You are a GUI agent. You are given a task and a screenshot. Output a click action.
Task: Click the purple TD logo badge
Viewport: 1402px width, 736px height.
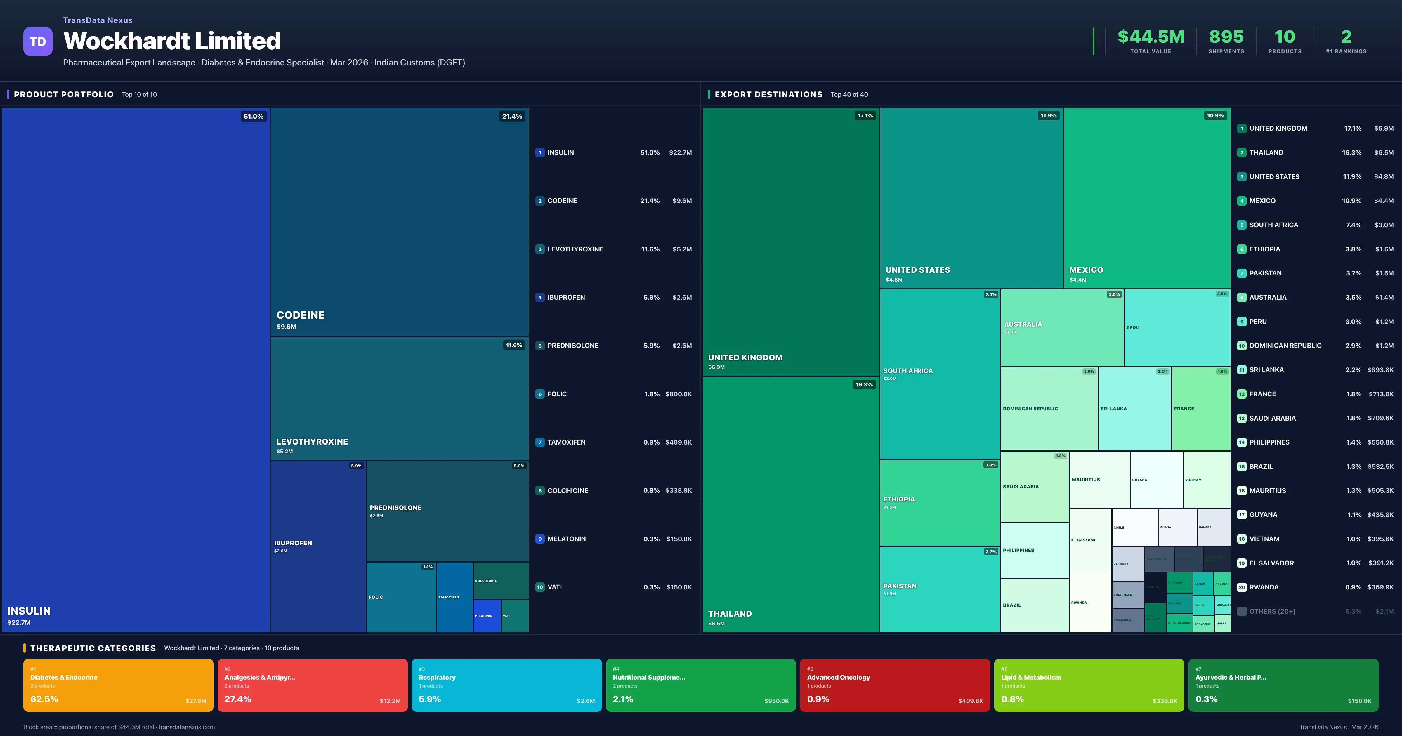pyautogui.click(x=38, y=41)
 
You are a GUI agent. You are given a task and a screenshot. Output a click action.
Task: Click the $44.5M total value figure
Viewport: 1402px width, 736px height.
pyautogui.click(x=1151, y=37)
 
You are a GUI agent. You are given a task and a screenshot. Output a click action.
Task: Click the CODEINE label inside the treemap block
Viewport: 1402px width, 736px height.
pyautogui.click(x=301, y=315)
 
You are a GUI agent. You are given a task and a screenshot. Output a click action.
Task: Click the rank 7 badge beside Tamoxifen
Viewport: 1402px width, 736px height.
pyautogui.click(x=539, y=442)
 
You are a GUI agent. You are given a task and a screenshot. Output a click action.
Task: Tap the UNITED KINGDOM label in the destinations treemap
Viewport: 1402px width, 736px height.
pyautogui.click(x=745, y=358)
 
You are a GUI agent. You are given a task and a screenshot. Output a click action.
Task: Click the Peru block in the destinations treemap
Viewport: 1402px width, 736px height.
pyautogui.click(x=1177, y=328)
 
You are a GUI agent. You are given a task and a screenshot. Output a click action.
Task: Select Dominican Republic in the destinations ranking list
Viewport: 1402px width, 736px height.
pyautogui.click(x=1285, y=346)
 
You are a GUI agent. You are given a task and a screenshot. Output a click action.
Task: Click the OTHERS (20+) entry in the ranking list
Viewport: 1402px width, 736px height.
pyautogui.click(x=1272, y=611)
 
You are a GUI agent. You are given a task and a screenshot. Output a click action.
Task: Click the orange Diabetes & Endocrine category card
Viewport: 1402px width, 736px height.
pyautogui.click(x=118, y=685)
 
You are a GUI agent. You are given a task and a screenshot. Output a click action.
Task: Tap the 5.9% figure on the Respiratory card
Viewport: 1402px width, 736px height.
pyautogui.click(x=429, y=699)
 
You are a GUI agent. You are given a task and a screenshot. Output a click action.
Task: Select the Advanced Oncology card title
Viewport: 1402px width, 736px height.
pyautogui.click(x=838, y=677)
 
